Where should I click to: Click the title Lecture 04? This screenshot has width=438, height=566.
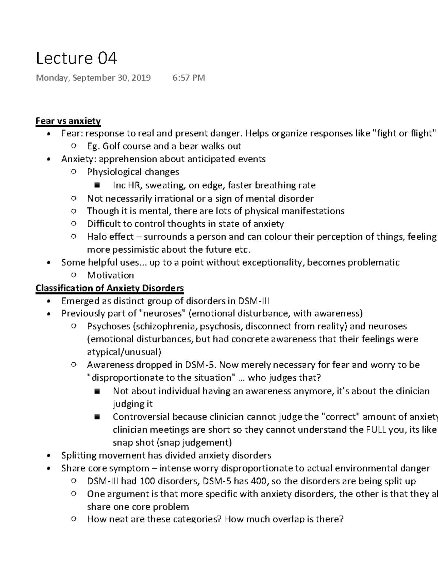[x=76, y=58]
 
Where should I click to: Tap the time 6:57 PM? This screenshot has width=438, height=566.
[x=188, y=78]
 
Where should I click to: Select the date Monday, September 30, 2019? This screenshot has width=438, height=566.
[x=93, y=78]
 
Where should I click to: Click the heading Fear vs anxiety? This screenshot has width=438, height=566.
[x=68, y=121]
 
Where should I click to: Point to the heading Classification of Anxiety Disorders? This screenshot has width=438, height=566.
[x=109, y=288]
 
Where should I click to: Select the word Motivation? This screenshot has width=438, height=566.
[x=110, y=275]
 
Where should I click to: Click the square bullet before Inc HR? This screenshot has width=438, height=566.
[x=97, y=185]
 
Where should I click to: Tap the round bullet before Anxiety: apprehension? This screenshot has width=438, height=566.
[x=48, y=160]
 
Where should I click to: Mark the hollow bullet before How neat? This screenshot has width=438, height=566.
[x=74, y=519]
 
